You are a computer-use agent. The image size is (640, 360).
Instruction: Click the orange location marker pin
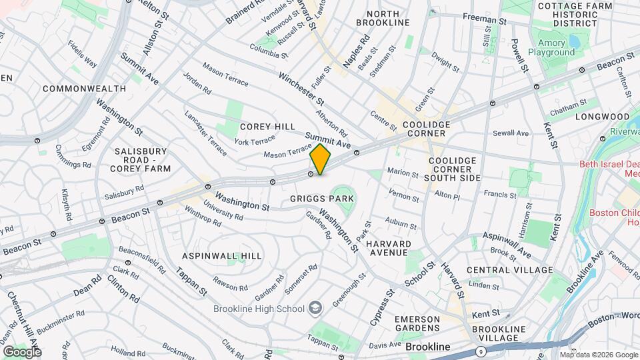(x=321, y=159)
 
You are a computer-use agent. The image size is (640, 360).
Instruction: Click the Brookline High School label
(x=258, y=309)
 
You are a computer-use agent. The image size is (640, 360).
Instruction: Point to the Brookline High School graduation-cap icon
(x=315, y=309)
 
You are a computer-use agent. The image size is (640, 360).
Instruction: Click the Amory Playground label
(x=551, y=52)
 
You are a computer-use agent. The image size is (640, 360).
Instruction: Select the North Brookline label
(x=383, y=18)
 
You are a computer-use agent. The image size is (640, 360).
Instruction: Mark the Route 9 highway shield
(x=481, y=351)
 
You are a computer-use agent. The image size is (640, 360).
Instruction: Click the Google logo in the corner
(x=21, y=351)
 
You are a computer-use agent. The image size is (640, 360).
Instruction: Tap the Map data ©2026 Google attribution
(x=599, y=355)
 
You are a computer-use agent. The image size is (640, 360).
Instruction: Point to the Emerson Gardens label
(x=417, y=324)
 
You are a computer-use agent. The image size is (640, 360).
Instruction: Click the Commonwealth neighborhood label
(x=84, y=89)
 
